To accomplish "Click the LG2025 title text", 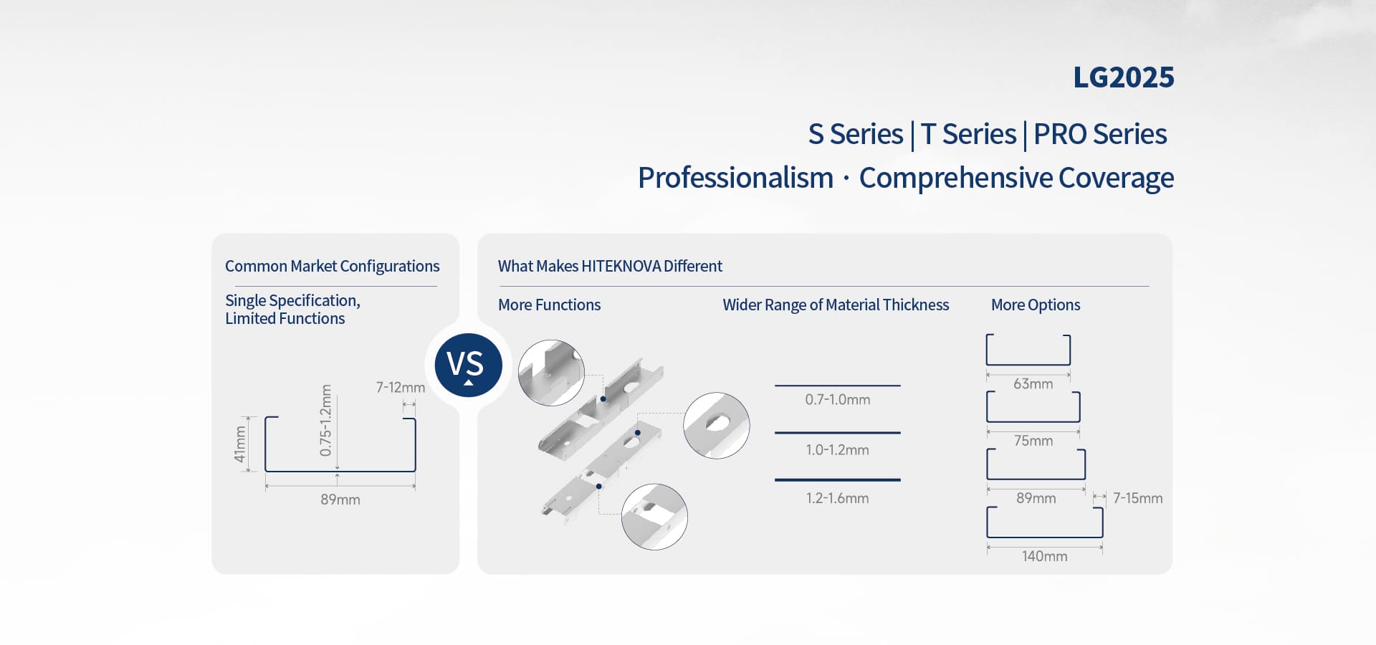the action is click(1123, 77).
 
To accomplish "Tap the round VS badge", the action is click(468, 365).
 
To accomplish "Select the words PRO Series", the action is click(1100, 134).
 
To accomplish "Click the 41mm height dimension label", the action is click(240, 444).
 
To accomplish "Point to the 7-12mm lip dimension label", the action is click(401, 388).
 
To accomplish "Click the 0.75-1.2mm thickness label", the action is click(326, 421).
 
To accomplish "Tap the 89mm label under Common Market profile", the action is click(340, 500).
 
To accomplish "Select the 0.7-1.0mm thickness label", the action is click(837, 400).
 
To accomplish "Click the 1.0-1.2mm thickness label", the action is click(837, 450).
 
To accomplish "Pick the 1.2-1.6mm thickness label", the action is click(837, 498).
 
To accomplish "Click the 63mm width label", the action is click(1033, 384).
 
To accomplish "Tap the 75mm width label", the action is click(1033, 441).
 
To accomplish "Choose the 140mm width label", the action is click(1044, 556).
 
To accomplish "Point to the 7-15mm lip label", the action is click(1137, 498).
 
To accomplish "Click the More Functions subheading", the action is click(549, 305).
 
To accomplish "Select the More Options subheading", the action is click(1036, 305).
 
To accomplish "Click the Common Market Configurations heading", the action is click(332, 267).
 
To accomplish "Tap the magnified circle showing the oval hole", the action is click(717, 426).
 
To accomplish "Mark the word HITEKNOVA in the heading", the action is click(621, 267).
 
